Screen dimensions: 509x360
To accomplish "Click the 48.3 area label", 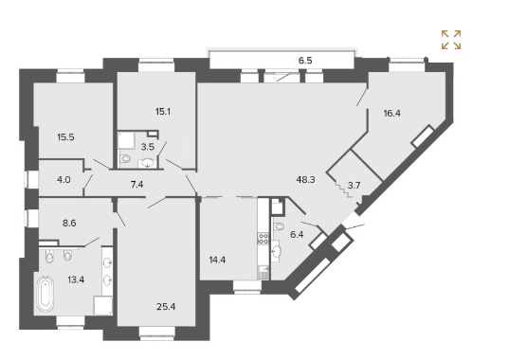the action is pyautogui.click(x=305, y=179).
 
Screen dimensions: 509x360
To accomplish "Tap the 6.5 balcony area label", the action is pyautogui.click(x=305, y=61).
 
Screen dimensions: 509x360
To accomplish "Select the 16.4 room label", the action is pyautogui.click(x=391, y=113).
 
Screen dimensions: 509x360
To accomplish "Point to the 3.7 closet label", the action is pyautogui.click(x=354, y=186).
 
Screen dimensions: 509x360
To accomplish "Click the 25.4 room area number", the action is pyautogui.click(x=166, y=306).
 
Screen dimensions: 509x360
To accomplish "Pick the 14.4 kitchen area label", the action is pyautogui.click(x=217, y=260).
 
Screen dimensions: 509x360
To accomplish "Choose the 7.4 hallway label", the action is pyautogui.click(x=136, y=185).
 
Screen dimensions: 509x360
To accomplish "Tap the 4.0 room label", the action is pyautogui.click(x=64, y=179).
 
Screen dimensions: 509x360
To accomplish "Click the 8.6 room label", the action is pyautogui.click(x=69, y=224).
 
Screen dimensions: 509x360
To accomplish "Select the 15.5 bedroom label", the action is pyautogui.click(x=65, y=137).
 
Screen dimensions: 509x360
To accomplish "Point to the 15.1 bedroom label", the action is pyautogui.click(x=163, y=112).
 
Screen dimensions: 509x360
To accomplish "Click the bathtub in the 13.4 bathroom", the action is pyautogui.click(x=45, y=294).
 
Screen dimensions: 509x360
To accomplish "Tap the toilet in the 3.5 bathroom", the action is pyautogui.click(x=124, y=159).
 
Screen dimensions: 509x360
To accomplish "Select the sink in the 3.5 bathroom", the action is pyautogui.click(x=148, y=163).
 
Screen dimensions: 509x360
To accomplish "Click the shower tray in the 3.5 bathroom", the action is pyautogui.click(x=126, y=140).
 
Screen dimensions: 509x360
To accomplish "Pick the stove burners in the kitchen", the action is pyautogui.click(x=263, y=238).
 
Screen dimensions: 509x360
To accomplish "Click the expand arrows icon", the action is pyautogui.click(x=451, y=40).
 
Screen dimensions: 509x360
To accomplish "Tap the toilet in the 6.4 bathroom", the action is pyautogui.click(x=279, y=225).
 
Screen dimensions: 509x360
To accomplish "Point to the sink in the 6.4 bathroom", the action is pyautogui.click(x=276, y=251).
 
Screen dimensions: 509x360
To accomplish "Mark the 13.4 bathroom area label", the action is pyautogui.click(x=76, y=279).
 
